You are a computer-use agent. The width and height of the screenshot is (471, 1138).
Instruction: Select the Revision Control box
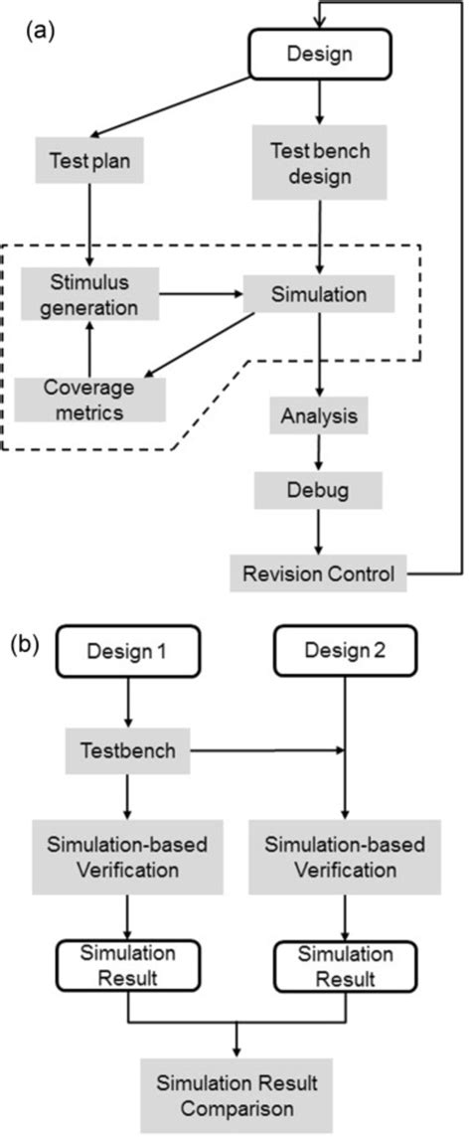319,572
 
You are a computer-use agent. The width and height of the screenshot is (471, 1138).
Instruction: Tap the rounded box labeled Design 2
345,654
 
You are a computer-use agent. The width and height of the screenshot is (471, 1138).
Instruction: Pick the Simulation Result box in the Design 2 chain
345,965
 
